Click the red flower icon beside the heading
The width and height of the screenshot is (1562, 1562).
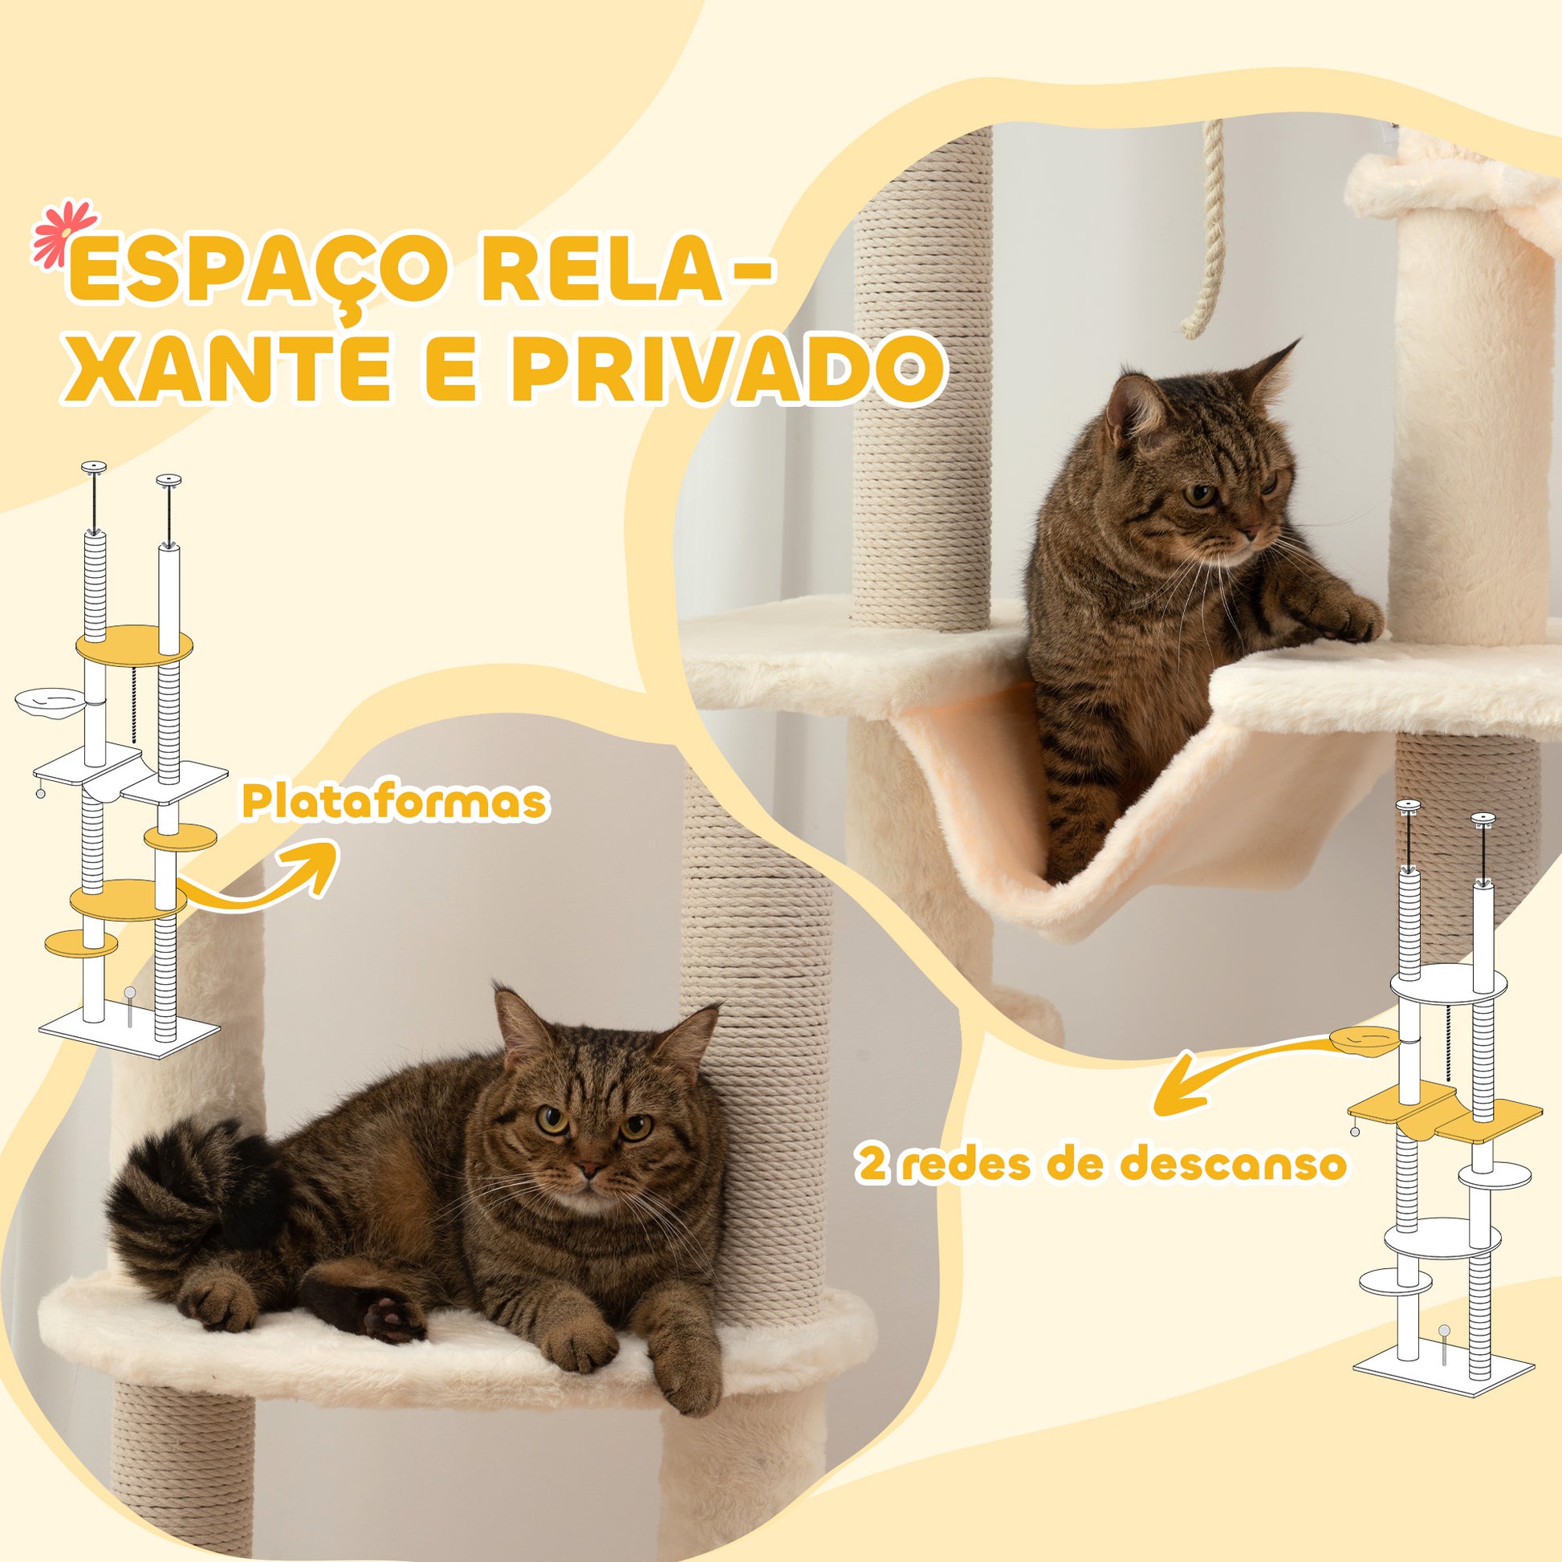pos(63,234)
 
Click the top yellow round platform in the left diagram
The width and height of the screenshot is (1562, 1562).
pos(134,645)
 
